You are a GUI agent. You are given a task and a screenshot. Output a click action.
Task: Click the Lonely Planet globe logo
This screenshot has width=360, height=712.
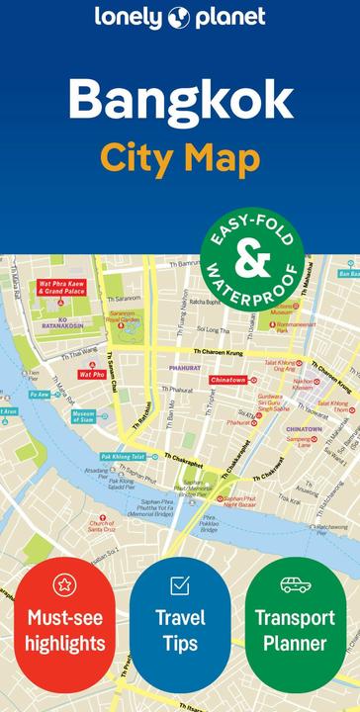click(x=178, y=17)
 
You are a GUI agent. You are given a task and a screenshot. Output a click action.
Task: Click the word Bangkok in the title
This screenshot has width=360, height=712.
click(x=180, y=100)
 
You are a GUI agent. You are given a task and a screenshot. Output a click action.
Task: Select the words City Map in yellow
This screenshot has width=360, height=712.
click(x=180, y=157)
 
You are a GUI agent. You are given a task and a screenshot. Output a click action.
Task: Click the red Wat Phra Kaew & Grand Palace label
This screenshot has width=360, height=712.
click(x=61, y=288)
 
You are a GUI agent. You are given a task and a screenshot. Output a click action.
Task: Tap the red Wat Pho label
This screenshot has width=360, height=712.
click(x=92, y=375)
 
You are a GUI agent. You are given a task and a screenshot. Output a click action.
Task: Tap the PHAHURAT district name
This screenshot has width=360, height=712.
click(x=184, y=368)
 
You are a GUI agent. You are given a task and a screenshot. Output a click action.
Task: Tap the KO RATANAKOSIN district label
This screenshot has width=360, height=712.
click(x=63, y=323)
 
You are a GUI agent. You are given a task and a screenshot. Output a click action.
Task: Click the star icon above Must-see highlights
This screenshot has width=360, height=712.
click(x=64, y=584)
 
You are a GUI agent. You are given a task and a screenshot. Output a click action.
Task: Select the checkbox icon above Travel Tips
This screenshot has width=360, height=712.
click(x=180, y=585)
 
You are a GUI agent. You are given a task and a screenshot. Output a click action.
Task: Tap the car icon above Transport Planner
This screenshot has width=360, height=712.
click(x=295, y=584)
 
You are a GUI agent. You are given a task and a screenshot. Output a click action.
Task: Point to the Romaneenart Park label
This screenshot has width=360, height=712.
click(x=296, y=327)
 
